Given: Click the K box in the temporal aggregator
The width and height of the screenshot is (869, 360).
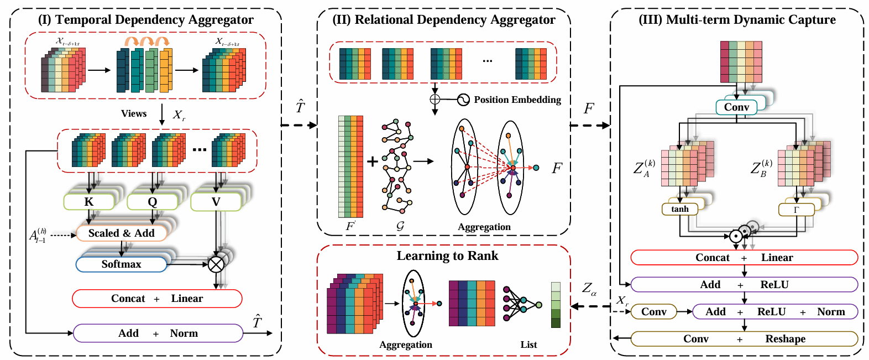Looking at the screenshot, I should point(89,202).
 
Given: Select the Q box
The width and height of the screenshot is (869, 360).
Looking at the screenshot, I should point(152,202).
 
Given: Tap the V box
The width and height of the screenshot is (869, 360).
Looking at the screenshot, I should point(216,202).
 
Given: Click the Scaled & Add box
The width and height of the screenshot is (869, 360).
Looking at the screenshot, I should point(121,233).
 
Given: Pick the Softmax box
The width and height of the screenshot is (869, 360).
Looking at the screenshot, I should point(121,264).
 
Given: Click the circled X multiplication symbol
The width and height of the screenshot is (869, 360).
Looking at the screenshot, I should point(216,264).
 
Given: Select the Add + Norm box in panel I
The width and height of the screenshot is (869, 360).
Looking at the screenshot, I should point(158,333).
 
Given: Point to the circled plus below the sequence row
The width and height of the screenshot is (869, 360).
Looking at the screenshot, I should point(435,100).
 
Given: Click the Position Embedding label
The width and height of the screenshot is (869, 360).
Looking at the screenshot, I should point(517,100).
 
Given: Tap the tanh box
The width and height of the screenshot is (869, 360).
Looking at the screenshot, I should point(680,209).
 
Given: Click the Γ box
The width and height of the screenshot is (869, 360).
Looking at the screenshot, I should point(796,210).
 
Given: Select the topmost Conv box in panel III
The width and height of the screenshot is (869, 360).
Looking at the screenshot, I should point(736,107).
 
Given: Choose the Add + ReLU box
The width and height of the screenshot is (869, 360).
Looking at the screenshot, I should point(744,285).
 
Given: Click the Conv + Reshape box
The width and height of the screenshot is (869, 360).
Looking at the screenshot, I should point(744,339).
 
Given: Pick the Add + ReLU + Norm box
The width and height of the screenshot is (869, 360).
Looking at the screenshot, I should point(774,312).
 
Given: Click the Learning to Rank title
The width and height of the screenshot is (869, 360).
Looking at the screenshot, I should point(447,255).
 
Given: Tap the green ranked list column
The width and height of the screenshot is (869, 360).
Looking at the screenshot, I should point(556,305).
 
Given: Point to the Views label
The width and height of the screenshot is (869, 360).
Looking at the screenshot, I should point(134,113).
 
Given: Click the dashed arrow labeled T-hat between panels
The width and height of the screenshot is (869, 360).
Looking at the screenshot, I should point(299,125).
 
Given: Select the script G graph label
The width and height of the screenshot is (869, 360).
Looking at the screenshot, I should point(400,226).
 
